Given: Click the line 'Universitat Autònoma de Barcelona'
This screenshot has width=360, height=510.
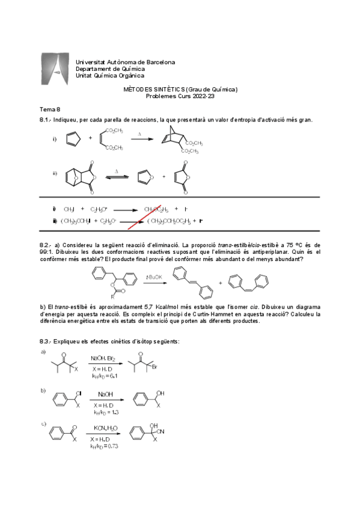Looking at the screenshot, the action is (125, 62).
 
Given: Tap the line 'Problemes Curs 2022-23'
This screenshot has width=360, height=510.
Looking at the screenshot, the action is (180, 96).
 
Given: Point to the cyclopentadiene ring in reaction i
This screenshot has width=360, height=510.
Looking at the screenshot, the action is (73, 138).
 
